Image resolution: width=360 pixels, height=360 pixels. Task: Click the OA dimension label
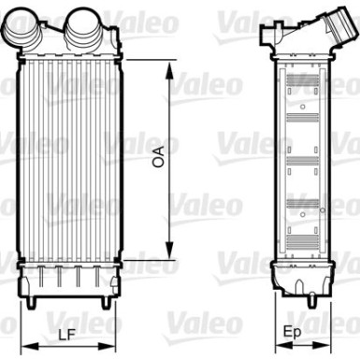click(158, 157)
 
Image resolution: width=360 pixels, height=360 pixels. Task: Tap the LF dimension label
click(67, 335)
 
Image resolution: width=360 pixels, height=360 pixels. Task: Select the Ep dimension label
click(293, 333)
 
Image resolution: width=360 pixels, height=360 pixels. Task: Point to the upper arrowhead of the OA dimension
click(169, 70)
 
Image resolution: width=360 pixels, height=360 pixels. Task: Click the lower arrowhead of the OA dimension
click(169, 250)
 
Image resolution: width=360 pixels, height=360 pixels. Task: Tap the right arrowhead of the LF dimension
click(107, 347)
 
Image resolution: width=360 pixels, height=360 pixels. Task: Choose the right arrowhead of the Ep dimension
click(322, 345)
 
